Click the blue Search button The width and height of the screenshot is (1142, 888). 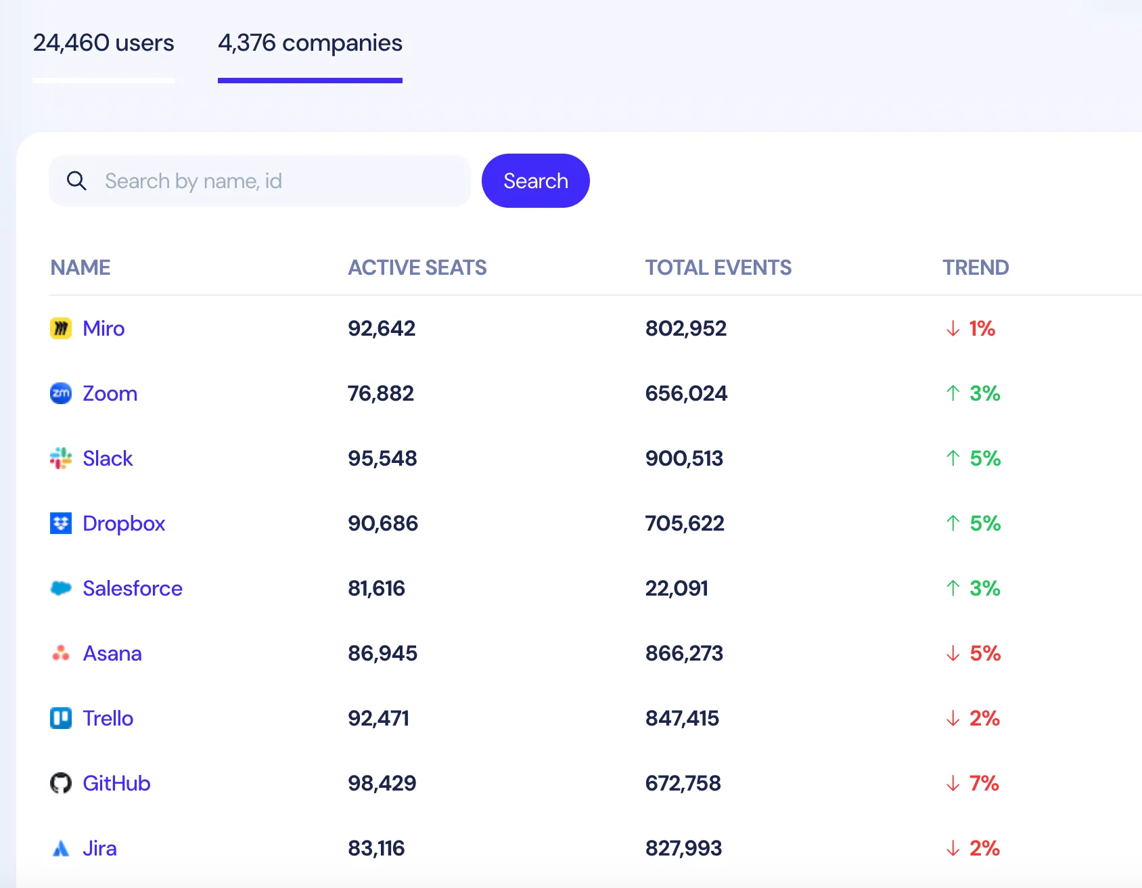pyautogui.click(x=535, y=181)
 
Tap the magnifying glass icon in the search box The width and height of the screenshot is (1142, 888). pyautogui.click(x=76, y=181)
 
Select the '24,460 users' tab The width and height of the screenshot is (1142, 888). pyautogui.click(x=104, y=43)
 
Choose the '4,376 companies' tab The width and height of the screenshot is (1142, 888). pyautogui.click(x=310, y=43)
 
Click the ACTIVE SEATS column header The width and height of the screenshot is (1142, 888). pyautogui.click(x=417, y=267)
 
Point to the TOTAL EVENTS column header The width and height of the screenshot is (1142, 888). pyautogui.click(x=718, y=267)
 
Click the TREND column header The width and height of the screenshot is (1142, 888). pyautogui.click(x=975, y=267)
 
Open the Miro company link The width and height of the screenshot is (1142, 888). pyautogui.click(x=104, y=328)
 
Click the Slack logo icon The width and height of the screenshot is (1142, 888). pyautogui.click(x=61, y=458)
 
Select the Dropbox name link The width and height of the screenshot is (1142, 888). pyautogui.click(x=124, y=523)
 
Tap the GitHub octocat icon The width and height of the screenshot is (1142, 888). pyautogui.click(x=61, y=783)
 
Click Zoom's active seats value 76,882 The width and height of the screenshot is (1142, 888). pyautogui.click(x=381, y=393)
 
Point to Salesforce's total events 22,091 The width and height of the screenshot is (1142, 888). pyautogui.click(x=677, y=588)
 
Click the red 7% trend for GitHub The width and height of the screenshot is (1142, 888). pyautogui.click(x=984, y=783)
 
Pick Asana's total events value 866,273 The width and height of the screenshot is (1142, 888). pyautogui.click(x=684, y=653)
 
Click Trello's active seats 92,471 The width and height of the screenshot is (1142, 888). pyautogui.click(x=378, y=718)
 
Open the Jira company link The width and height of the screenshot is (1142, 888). pyautogui.click(x=99, y=848)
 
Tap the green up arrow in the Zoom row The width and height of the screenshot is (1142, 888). pyautogui.click(x=953, y=393)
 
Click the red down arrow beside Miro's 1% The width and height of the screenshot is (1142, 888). pyautogui.click(x=953, y=328)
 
